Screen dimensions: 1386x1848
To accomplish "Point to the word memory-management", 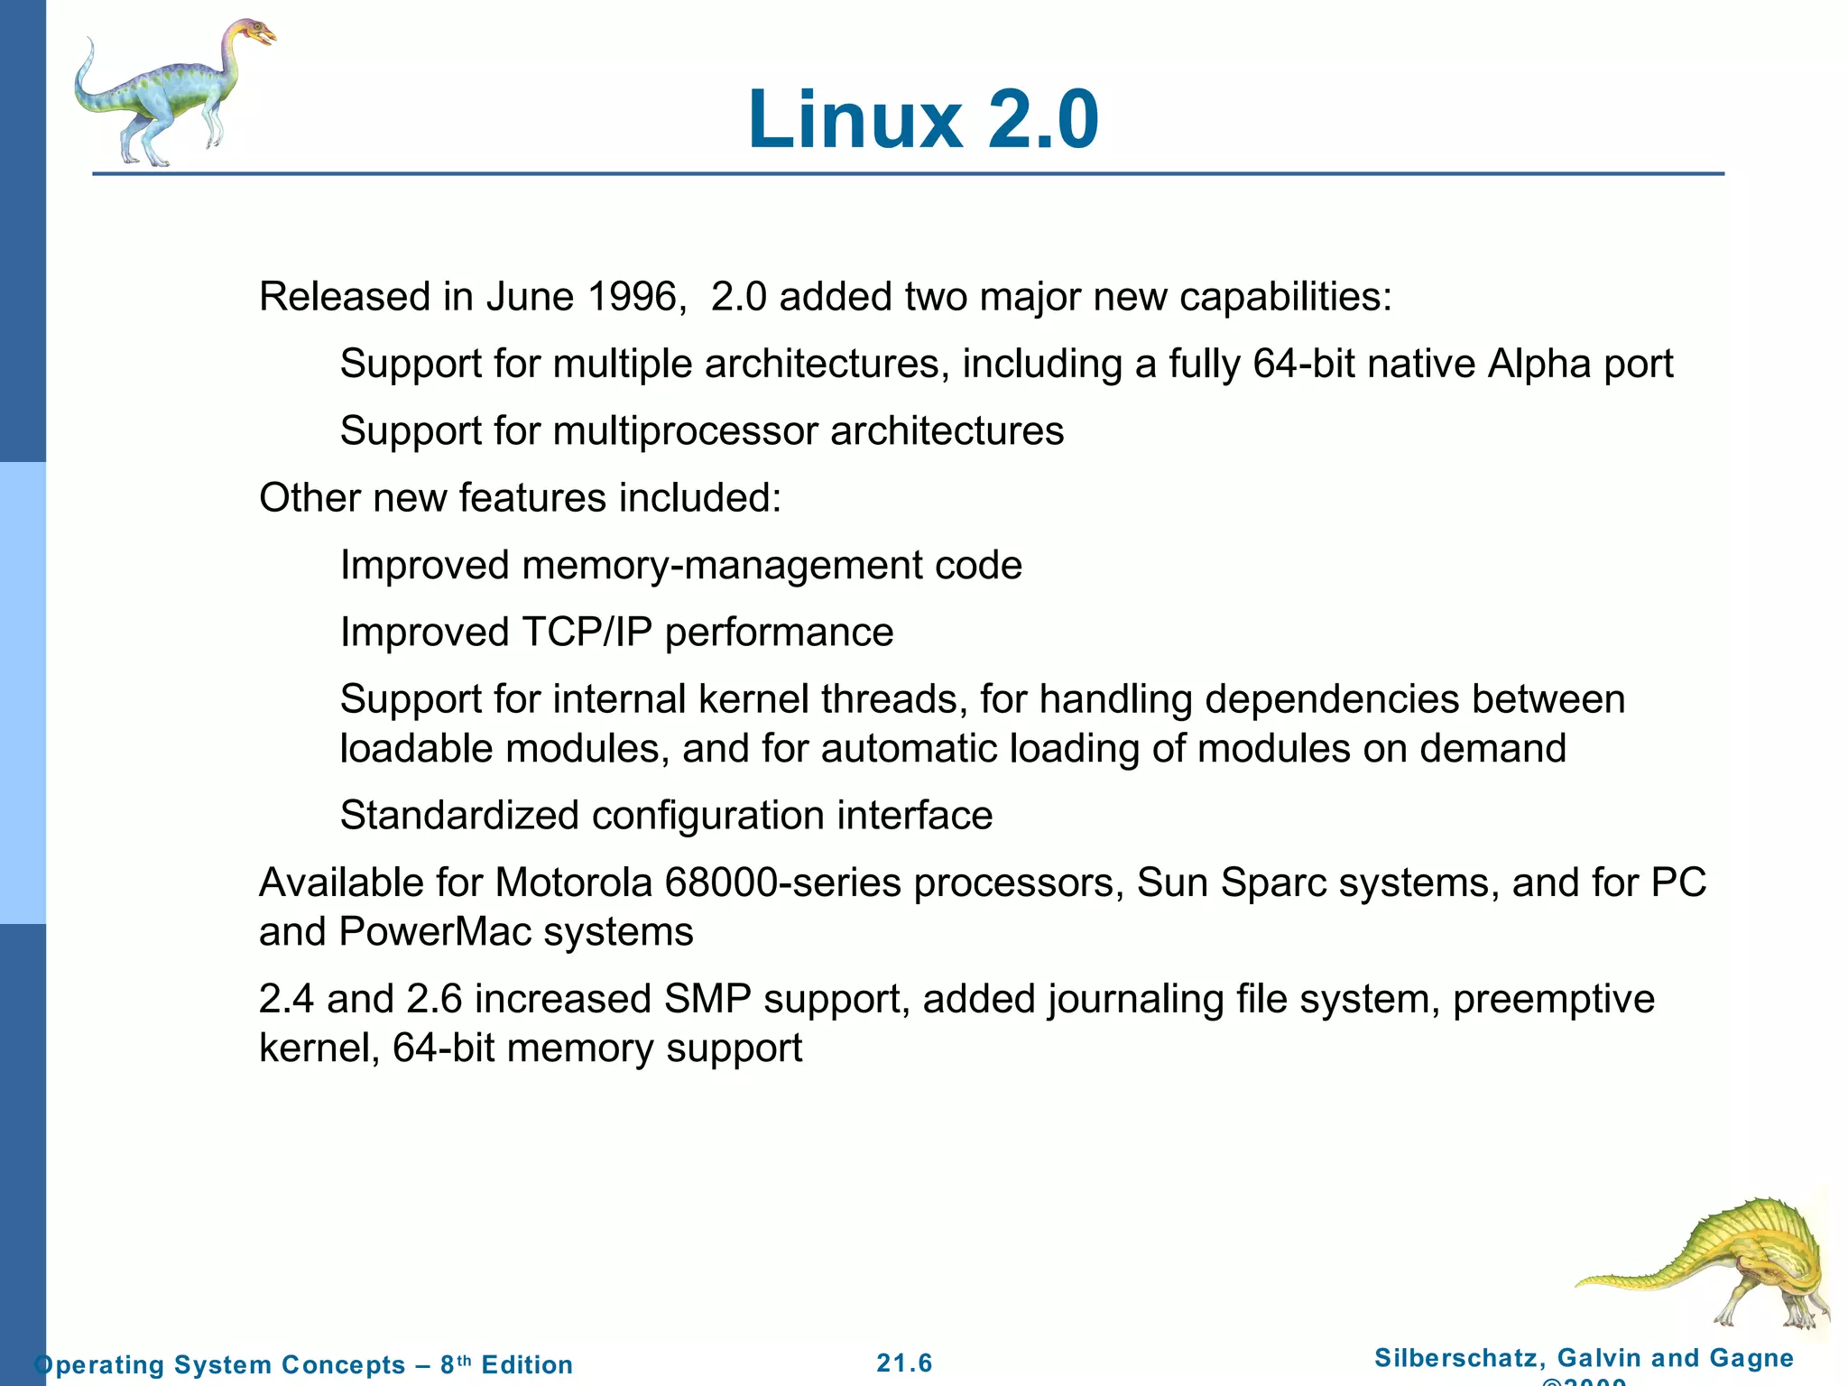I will click(722, 566).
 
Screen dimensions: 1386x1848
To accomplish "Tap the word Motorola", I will click(573, 882).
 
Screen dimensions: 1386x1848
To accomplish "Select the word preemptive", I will click(1553, 1000).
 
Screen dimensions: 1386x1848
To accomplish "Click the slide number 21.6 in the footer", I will click(904, 1363).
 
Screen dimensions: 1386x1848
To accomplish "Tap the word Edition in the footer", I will click(527, 1364).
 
